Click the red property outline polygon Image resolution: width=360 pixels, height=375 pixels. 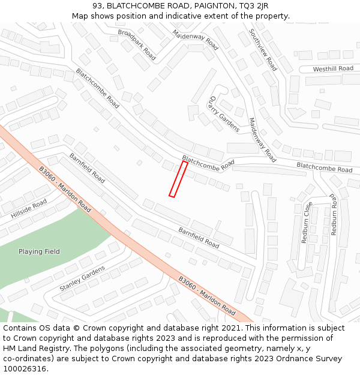(x=178, y=179)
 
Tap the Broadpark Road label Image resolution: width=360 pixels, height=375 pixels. (x=137, y=44)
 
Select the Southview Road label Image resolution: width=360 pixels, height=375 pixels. (x=263, y=50)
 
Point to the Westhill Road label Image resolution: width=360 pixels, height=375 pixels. (x=333, y=69)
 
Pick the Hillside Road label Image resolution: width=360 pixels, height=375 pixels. (x=29, y=209)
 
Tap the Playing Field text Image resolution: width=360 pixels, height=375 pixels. (x=39, y=251)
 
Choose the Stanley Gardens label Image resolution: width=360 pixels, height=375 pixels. (x=82, y=278)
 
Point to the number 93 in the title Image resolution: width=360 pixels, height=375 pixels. (x=98, y=5)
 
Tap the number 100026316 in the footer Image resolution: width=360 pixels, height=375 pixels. (x=25, y=368)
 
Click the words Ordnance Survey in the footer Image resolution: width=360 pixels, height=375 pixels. (x=312, y=359)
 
